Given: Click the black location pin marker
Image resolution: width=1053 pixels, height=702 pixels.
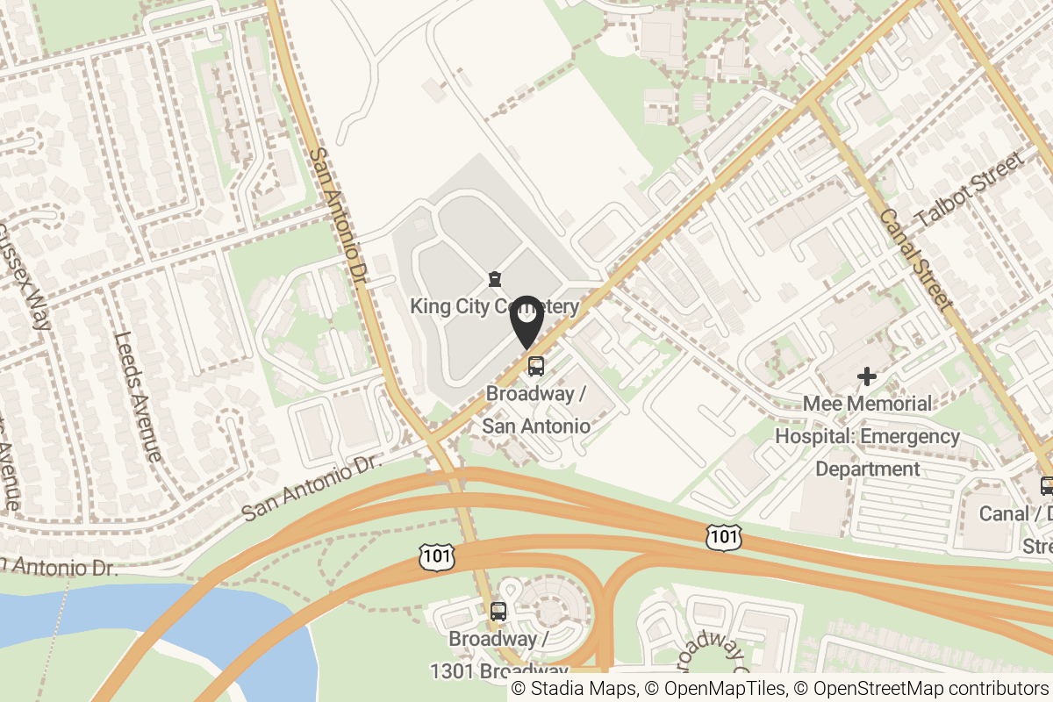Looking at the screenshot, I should [x=526, y=321].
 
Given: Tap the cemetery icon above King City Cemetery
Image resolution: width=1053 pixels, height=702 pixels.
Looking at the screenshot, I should [x=495, y=280].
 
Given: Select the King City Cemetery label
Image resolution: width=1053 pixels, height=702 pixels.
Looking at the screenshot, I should [x=494, y=306].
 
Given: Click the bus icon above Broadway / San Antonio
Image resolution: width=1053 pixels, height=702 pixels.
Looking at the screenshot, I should [x=535, y=366].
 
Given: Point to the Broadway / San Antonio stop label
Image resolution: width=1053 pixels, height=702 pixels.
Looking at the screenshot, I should [x=536, y=410].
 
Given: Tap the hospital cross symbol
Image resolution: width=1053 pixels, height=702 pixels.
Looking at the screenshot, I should [x=867, y=377].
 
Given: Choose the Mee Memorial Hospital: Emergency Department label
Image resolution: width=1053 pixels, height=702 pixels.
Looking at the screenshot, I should [x=867, y=436].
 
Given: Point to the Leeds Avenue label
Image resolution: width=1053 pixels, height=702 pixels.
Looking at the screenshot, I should [x=138, y=396].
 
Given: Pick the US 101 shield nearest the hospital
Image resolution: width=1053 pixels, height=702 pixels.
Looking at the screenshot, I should [x=724, y=537].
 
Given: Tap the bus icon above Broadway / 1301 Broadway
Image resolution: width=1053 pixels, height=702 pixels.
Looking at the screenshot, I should [x=498, y=612].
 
